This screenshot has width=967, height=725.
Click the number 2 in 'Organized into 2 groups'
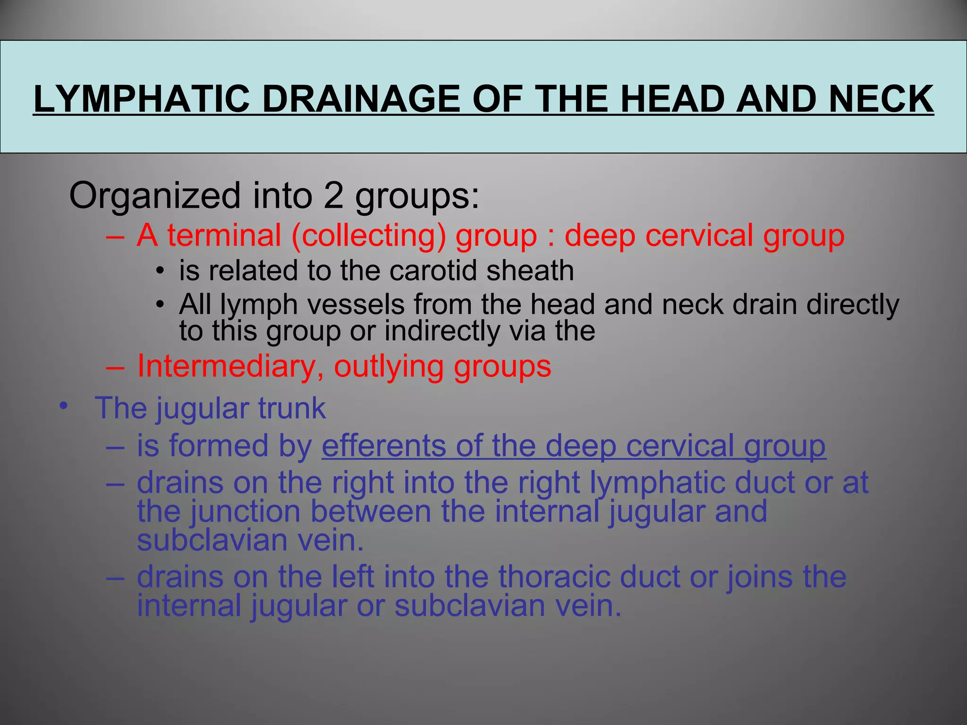333,195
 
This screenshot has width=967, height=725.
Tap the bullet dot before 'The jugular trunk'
64,405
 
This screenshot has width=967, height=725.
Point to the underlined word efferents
384,446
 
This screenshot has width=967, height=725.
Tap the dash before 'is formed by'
115,446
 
